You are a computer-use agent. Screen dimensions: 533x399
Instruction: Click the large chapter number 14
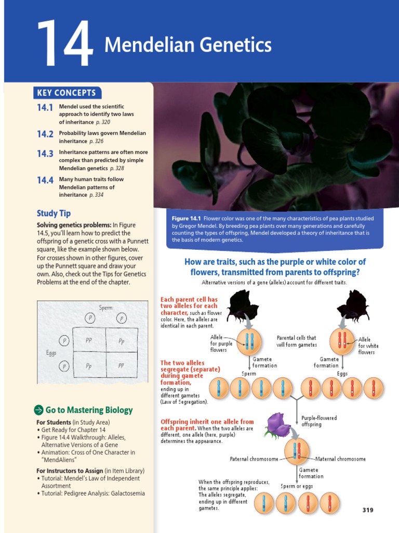(64, 45)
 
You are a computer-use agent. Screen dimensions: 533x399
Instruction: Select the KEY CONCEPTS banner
(66, 93)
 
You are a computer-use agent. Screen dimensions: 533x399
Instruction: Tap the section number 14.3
(45, 154)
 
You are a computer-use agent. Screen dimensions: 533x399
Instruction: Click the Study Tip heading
(54, 213)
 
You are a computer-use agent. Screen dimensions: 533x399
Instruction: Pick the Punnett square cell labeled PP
(89, 340)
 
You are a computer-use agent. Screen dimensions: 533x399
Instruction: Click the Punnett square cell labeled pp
(121, 365)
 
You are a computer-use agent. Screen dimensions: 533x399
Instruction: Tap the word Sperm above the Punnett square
(105, 308)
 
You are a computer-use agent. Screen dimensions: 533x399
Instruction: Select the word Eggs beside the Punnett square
(51, 353)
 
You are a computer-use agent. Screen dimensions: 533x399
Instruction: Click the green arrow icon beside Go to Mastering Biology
(38, 410)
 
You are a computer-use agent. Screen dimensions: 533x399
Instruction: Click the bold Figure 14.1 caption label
(187, 219)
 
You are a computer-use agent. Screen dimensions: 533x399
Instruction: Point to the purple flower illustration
(278, 424)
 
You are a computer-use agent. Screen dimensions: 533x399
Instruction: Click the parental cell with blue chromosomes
(249, 342)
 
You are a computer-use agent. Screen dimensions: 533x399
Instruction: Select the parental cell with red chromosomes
(342, 341)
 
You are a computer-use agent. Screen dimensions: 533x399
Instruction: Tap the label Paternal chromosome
(254, 459)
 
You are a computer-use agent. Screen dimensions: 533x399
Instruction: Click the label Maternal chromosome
(341, 459)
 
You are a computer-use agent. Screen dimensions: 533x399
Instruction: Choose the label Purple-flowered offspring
(319, 421)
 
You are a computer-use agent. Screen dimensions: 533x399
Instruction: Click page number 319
(367, 510)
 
